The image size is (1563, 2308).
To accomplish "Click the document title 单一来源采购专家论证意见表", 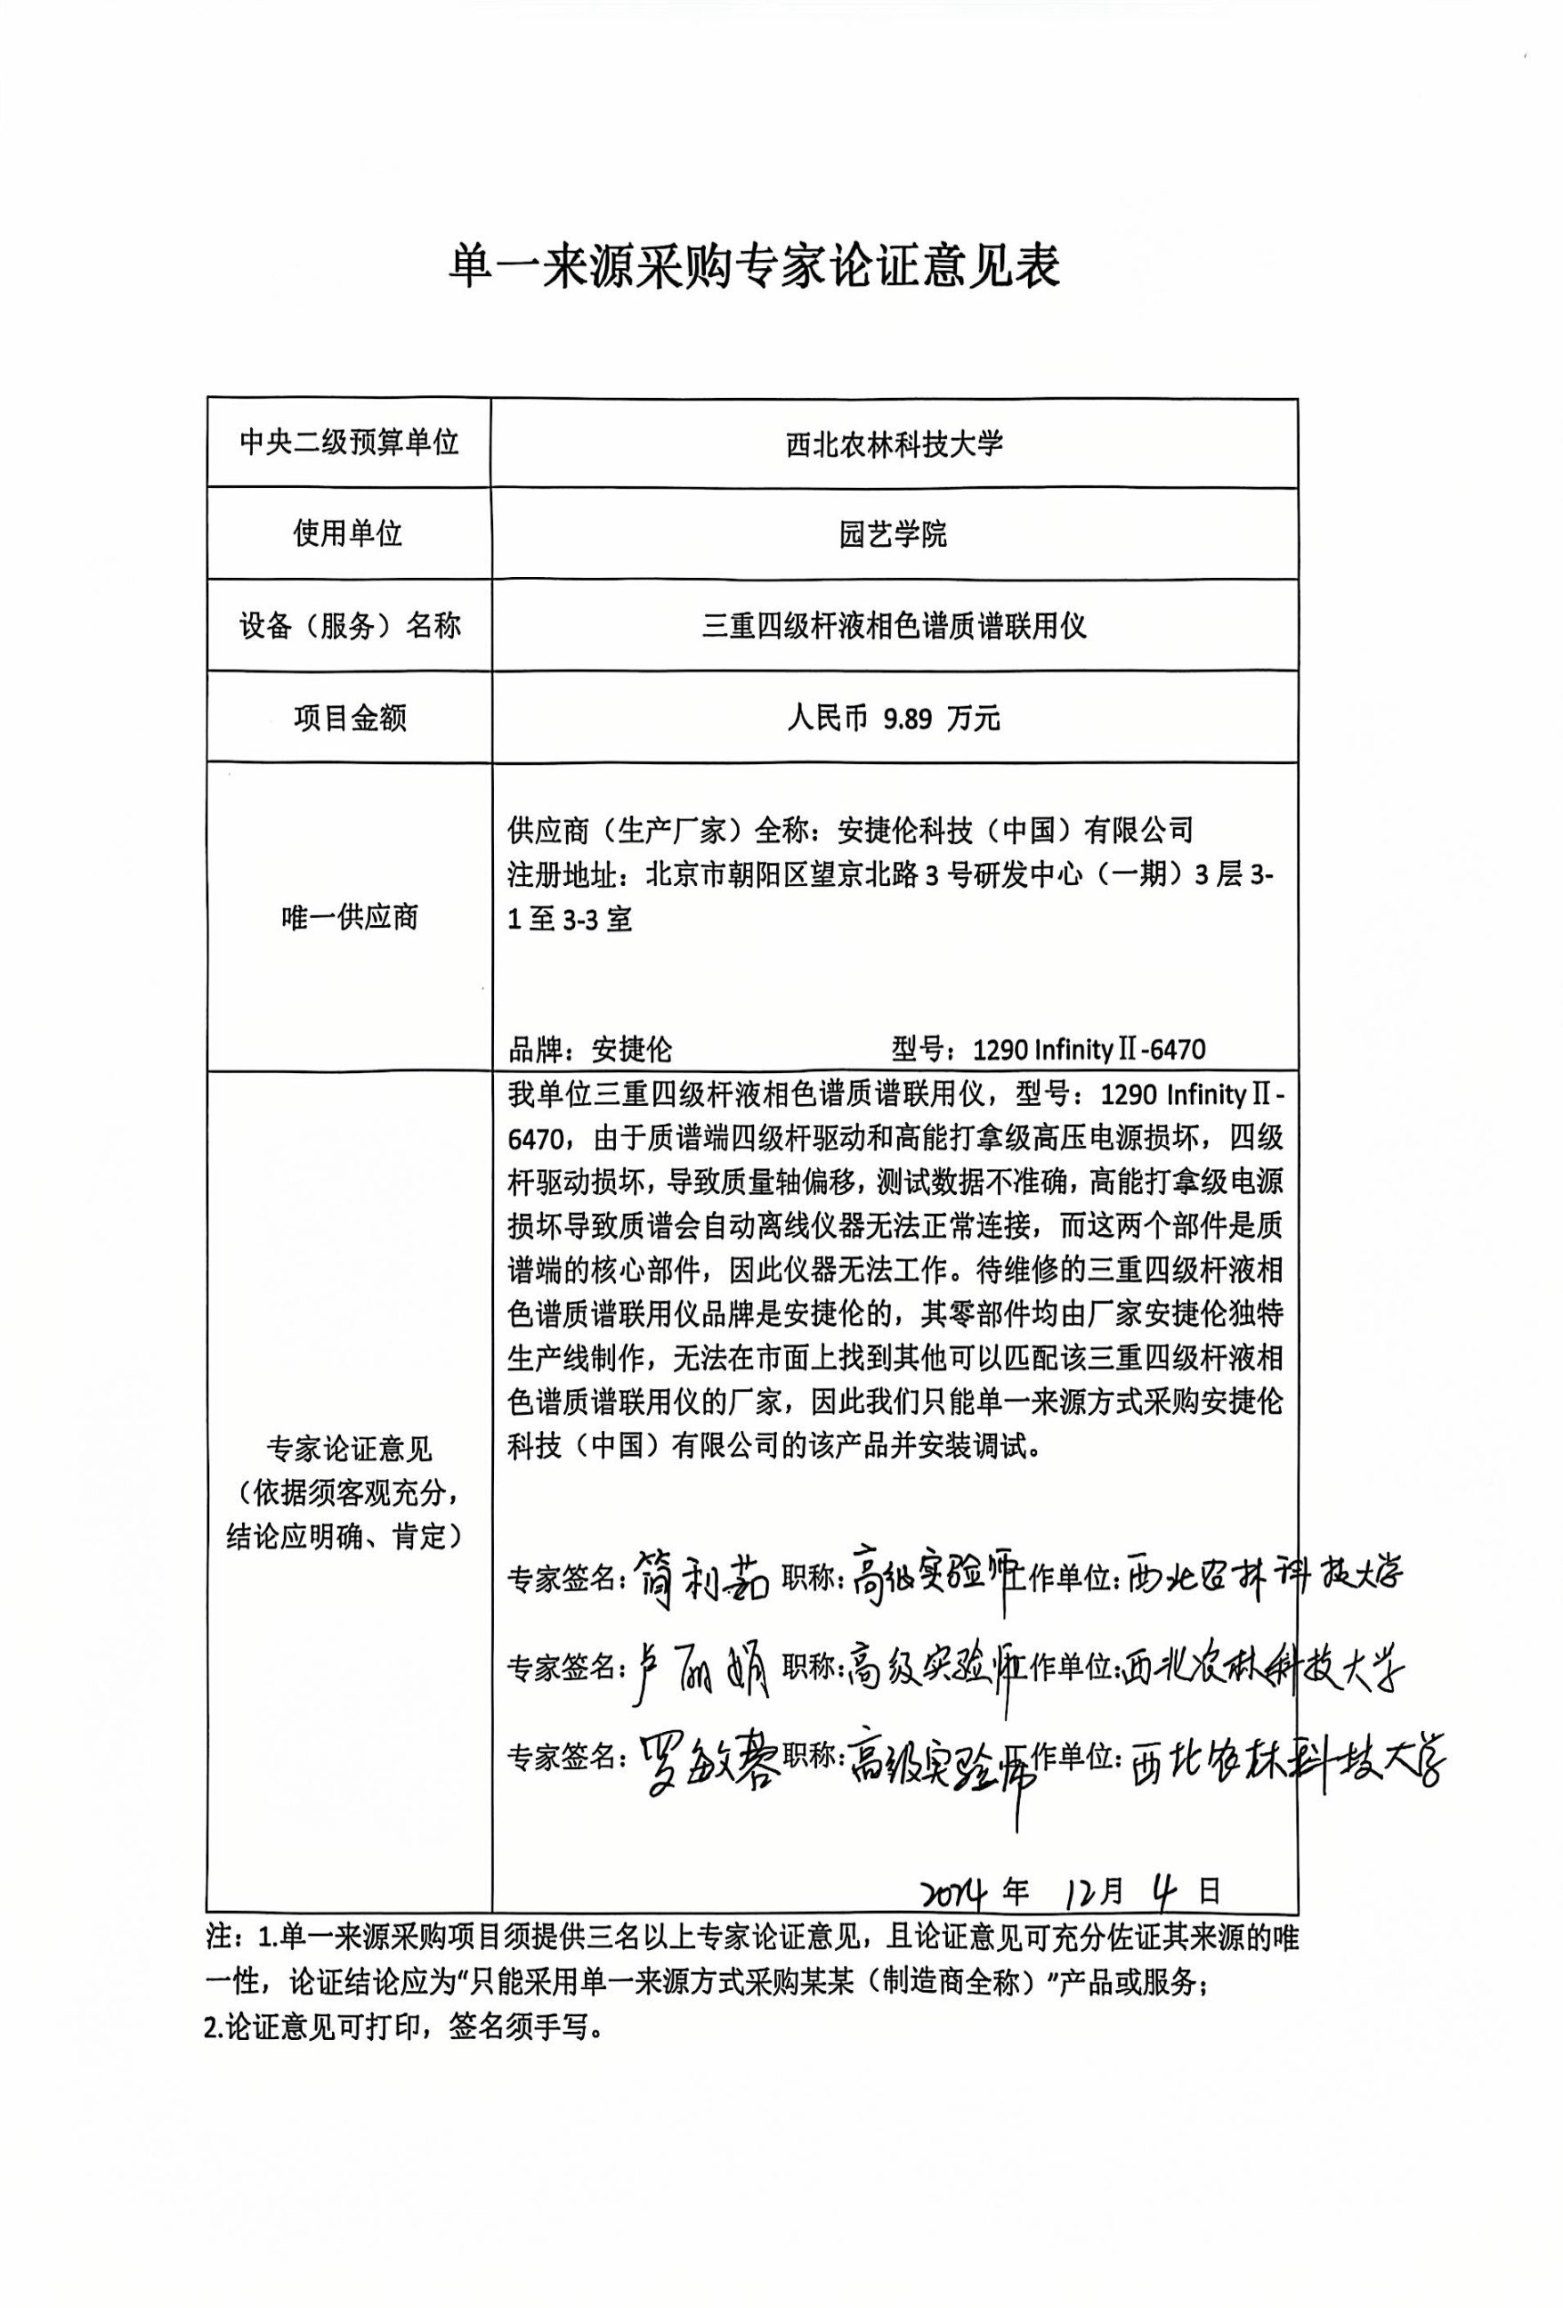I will pyautogui.click(x=755, y=266).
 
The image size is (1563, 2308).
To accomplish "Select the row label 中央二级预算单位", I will pyautogui.click(x=349, y=442).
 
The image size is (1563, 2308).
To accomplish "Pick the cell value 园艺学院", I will pyautogui.click(x=894, y=534).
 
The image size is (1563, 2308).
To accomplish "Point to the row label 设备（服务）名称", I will pyautogui.click(x=349, y=626).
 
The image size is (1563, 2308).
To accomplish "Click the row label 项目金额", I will pyautogui.click(x=349, y=718).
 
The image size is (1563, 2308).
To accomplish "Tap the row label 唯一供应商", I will pyautogui.click(x=349, y=916).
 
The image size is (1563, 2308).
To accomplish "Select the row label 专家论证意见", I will pyautogui.click(x=349, y=1449).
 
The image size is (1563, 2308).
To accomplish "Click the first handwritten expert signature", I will pyautogui.click(x=704, y=1575).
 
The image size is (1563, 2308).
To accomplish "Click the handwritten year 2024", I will pyautogui.click(x=951, y=1892).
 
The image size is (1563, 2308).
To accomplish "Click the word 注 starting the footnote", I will pyautogui.click(x=217, y=1938).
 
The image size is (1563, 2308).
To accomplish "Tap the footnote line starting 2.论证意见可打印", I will pyautogui.click(x=403, y=2026).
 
